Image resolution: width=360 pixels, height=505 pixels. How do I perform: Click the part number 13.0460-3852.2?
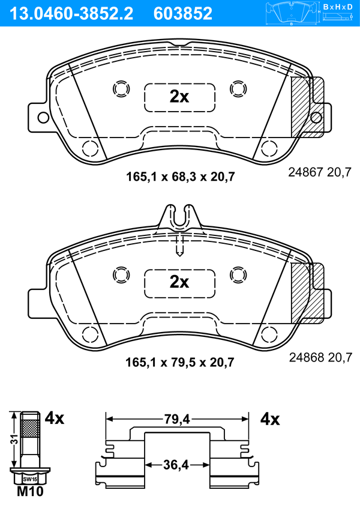[x=71, y=14]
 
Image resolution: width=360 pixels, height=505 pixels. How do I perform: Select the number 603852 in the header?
[x=183, y=14]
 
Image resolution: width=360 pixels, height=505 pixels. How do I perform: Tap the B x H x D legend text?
[x=338, y=7]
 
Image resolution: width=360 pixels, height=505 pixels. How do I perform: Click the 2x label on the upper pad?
[x=179, y=96]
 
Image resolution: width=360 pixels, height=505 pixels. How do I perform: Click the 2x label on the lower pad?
[x=179, y=282]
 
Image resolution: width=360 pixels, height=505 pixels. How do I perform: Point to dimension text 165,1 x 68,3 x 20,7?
[x=181, y=177]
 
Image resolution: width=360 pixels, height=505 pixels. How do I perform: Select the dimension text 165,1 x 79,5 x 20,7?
[x=180, y=362]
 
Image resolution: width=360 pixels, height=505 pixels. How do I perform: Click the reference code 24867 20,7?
[x=320, y=172]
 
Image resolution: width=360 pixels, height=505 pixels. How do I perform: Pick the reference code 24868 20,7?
[x=320, y=357]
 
